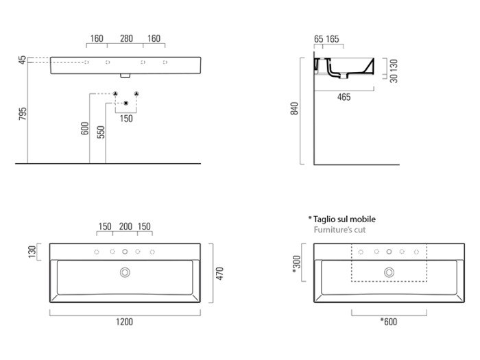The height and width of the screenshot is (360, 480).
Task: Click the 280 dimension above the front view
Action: [x=126, y=39]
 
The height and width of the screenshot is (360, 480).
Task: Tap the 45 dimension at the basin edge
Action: [x=23, y=61]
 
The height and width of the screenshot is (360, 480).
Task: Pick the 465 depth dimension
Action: [x=344, y=97]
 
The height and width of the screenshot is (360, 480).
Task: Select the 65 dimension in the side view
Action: [x=319, y=39]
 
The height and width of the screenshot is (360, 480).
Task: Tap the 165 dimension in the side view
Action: [x=333, y=39]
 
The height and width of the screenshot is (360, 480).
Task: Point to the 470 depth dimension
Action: [x=219, y=274]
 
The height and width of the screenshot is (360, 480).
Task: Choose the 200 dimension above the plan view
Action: [x=125, y=227]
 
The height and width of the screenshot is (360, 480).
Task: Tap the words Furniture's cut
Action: [x=339, y=230]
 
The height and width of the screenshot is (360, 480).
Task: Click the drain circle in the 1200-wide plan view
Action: [x=125, y=273]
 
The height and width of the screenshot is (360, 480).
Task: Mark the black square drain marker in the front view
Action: [x=125, y=104]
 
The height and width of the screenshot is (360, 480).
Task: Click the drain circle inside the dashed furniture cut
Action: [x=389, y=273]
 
